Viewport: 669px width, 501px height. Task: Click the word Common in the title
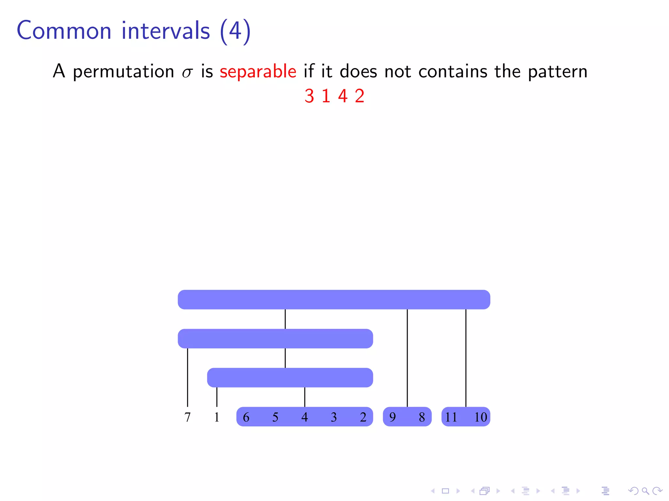pos(64,31)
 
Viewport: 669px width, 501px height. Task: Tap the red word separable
pos(258,71)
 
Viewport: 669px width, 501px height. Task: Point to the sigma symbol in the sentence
pos(187,72)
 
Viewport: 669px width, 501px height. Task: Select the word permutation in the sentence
pos(123,72)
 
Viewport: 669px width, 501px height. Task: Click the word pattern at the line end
pos(557,72)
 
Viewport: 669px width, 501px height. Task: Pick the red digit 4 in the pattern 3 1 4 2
pos(343,96)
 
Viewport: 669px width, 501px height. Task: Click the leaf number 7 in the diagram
pos(188,417)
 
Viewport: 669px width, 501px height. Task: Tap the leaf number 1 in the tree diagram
pos(217,417)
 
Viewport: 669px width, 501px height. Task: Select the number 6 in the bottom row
pos(246,417)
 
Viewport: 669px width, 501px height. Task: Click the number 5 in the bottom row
pos(275,417)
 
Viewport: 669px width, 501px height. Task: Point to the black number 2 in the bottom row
pos(363,417)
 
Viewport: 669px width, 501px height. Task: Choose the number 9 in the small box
pos(392,417)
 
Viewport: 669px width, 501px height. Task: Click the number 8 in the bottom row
pos(422,417)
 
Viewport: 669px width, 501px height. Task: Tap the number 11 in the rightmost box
pos(451,417)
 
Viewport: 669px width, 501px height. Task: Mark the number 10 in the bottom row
pos(481,417)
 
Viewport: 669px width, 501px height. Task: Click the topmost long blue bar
pos(334,299)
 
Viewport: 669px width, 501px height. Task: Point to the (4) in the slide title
pos(235,31)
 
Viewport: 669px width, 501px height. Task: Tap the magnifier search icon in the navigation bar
pos(645,491)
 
